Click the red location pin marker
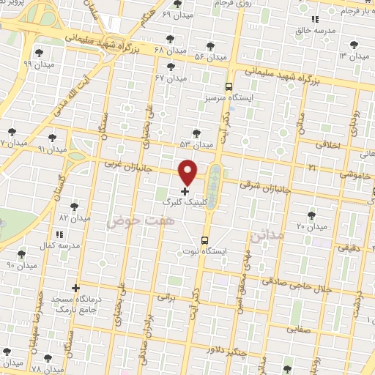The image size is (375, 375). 188,172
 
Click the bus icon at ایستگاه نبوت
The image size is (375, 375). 204,240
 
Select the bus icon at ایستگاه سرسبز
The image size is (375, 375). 229,85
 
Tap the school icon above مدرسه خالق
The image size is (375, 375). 315,20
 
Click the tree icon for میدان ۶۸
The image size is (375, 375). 171,38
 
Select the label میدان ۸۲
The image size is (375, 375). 73,218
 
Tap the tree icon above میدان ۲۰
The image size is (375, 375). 312,215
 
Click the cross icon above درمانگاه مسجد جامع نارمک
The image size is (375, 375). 75,289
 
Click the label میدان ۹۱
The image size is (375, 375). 51,149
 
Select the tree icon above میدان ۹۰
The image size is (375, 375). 21,253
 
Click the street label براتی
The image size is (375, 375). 168,298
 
